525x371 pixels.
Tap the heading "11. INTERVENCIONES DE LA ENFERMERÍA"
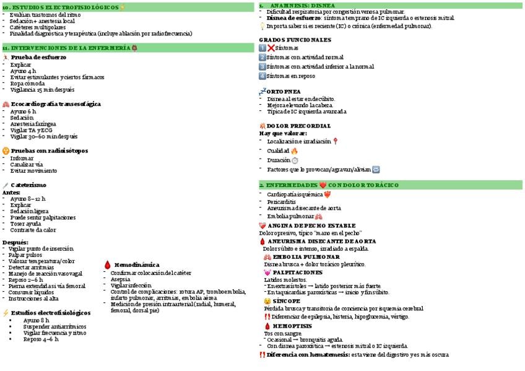66,48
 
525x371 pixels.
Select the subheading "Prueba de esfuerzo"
39,57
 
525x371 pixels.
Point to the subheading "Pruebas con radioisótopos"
49,151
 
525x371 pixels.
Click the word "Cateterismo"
28,185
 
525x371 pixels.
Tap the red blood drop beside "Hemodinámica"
108,265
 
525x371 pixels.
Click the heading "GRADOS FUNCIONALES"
295,40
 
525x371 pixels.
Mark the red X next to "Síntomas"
271,48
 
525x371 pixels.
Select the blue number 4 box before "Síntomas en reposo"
262,76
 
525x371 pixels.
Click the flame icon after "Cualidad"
294,151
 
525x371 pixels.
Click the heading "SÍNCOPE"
286,301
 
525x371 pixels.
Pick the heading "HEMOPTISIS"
292,326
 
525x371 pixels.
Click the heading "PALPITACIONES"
297,273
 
